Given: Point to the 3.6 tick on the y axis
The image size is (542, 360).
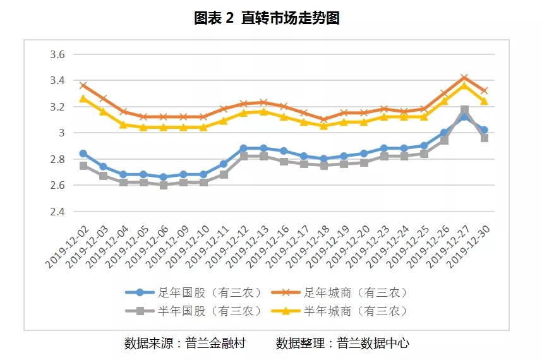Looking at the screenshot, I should click(57, 55).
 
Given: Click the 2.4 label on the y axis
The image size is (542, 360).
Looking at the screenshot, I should click(57, 212).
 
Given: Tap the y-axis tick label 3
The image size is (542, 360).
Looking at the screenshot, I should click(62, 133).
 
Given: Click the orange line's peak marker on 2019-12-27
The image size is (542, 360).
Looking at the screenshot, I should click(464, 78).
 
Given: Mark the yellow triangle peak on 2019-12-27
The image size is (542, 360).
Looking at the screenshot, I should click(464, 85).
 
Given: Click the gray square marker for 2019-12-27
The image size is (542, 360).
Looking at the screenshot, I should click(464, 110).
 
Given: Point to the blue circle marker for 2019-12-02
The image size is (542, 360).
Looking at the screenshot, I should click(83, 153).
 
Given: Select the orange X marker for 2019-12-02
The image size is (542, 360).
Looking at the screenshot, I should click(83, 86).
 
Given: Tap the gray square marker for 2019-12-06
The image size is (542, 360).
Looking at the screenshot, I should click(164, 185).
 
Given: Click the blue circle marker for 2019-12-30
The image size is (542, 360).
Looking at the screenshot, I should click(484, 130).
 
